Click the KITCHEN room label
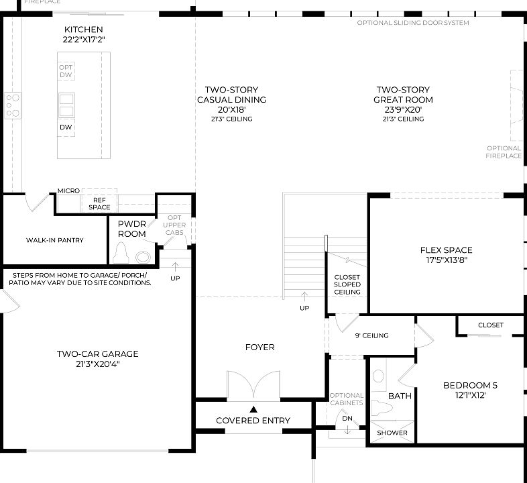tap(83, 30)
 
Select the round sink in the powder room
tap(143, 256)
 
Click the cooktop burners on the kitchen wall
tap(13, 105)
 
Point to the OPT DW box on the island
tap(66, 71)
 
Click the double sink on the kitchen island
tap(66, 105)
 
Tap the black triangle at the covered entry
tap(253, 409)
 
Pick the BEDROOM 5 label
tap(470, 385)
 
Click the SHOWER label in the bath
tap(392, 433)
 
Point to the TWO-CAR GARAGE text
tap(97, 354)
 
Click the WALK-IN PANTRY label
tap(55, 240)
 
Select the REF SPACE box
tap(99, 203)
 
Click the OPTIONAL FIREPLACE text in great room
tap(504, 152)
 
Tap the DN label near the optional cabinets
tap(347, 419)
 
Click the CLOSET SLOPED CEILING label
tap(347, 284)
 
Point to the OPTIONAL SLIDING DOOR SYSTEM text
tap(413, 23)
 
